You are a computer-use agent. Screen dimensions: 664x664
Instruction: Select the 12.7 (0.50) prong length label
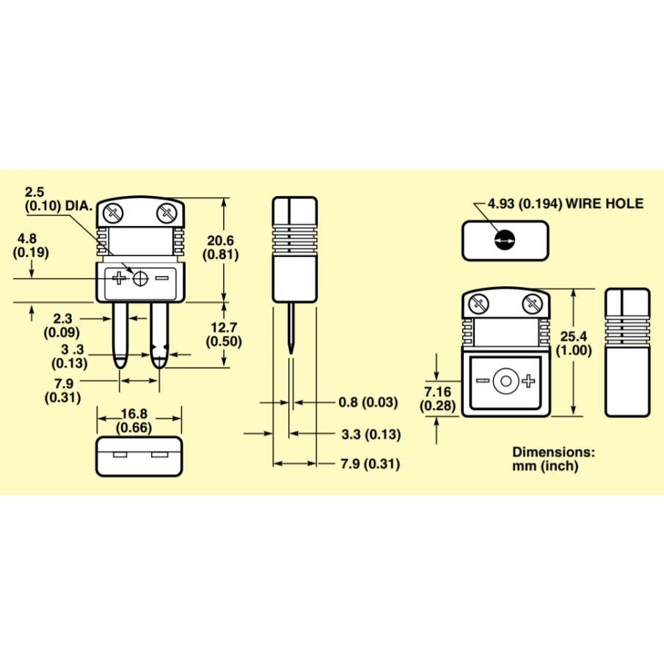[x=224, y=334]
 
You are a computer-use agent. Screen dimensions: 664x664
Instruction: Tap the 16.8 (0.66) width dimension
[x=139, y=421]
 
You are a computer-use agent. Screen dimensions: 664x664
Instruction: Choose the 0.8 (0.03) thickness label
[x=368, y=402]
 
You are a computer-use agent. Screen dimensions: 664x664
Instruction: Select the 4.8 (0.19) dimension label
[x=31, y=245]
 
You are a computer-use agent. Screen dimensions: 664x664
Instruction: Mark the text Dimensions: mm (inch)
[x=553, y=459]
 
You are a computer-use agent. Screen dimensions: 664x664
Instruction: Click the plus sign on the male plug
[x=120, y=278]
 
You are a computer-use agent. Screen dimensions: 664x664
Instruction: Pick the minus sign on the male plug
[x=162, y=278]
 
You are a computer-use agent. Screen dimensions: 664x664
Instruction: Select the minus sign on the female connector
[x=483, y=381]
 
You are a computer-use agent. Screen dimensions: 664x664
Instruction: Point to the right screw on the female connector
[x=532, y=302]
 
